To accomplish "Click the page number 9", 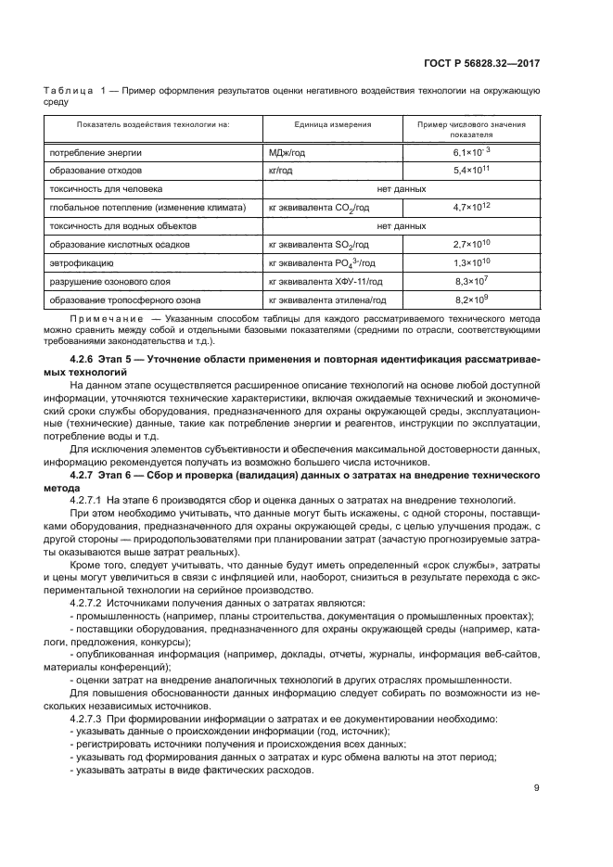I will coord(537,788).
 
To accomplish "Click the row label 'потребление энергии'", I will coord(96,151).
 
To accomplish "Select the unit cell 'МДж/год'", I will coord(285,151).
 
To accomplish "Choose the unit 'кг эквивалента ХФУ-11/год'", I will coord(319,282).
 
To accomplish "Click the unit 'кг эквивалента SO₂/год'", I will coord(318,245).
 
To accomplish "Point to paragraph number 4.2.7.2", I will coord(94,602).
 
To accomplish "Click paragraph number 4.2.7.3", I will coord(94,719).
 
